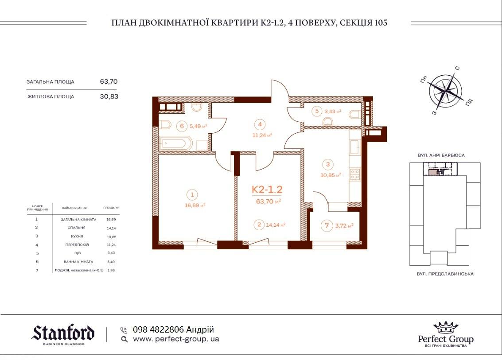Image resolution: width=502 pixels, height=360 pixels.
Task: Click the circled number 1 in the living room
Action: tap(192, 194)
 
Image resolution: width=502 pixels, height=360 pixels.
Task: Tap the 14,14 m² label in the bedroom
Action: tap(276, 225)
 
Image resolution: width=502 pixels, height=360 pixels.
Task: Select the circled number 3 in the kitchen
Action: tap(328, 164)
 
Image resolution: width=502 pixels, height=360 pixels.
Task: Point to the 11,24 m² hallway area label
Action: tap(262, 135)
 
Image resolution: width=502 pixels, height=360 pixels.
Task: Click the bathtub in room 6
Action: tap(176, 143)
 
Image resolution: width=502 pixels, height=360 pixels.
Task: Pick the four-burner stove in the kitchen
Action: tap(355, 174)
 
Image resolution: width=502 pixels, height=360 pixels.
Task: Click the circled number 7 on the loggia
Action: tap(327, 225)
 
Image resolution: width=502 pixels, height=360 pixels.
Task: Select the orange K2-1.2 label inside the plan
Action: tap(267, 190)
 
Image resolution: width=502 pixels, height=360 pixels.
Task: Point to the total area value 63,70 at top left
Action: tap(109, 81)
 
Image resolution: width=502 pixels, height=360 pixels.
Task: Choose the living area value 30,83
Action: tap(109, 97)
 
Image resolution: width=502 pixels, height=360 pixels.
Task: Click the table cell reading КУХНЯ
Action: tap(77, 236)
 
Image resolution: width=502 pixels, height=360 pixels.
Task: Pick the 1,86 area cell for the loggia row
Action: tap(111, 270)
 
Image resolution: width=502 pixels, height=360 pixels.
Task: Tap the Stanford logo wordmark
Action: tap(63, 333)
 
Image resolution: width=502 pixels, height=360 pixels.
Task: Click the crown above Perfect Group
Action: tap(446, 328)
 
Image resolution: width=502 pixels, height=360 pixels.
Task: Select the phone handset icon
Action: tap(124, 330)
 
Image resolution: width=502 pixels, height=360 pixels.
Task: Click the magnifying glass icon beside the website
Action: tap(125, 339)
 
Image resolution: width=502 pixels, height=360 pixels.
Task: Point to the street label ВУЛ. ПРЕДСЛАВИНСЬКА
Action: tap(445, 274)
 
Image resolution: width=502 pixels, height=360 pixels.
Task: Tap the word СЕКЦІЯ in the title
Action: tap(356, 23)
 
